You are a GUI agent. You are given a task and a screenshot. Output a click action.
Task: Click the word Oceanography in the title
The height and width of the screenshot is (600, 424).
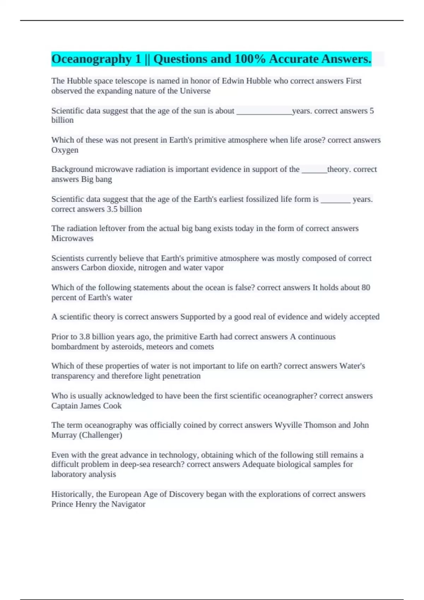92,59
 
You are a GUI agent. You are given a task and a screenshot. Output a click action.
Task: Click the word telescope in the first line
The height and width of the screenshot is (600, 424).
131,81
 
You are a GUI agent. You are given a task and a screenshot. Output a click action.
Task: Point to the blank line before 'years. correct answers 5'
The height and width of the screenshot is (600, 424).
264,112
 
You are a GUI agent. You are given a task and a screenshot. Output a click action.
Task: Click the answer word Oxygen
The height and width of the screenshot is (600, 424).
65,150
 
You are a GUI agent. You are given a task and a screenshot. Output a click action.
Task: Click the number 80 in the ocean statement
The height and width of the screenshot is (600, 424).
366,288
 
